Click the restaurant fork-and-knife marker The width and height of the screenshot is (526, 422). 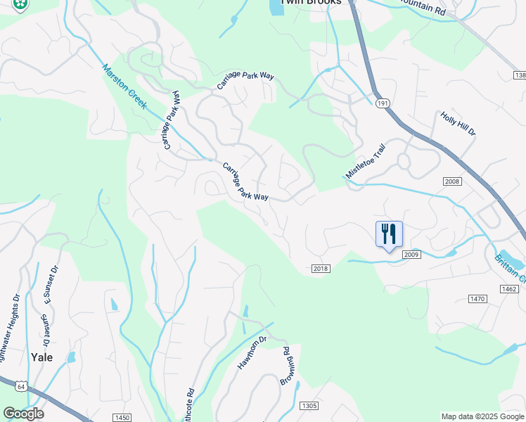[389, 234]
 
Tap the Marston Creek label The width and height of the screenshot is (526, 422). [124, 87]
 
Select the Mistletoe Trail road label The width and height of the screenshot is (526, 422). [366, 162]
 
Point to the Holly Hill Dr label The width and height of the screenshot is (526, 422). [458, 124]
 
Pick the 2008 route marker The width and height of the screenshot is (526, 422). [451, 181]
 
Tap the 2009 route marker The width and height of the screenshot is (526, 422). [411, 253]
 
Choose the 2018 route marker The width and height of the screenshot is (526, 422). [320, 268]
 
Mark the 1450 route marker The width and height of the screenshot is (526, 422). [122, 418]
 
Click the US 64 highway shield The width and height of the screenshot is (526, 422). [22, 386]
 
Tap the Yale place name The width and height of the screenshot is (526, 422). [41, 357]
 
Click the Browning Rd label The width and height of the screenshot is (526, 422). [287, 366]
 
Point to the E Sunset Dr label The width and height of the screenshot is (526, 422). [49, 283]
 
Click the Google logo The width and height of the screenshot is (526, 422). [23, 414]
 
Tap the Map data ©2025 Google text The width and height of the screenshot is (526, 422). [482, 416]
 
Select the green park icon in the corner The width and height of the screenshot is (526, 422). [20, 4]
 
